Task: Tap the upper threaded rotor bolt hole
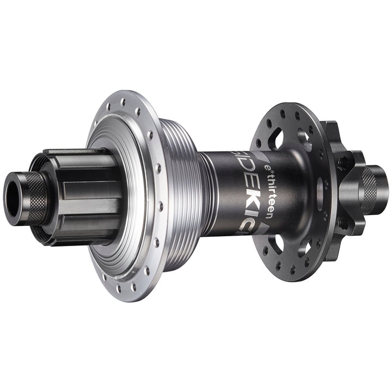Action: click(343, 162)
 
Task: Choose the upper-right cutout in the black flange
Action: click(305, 140)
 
